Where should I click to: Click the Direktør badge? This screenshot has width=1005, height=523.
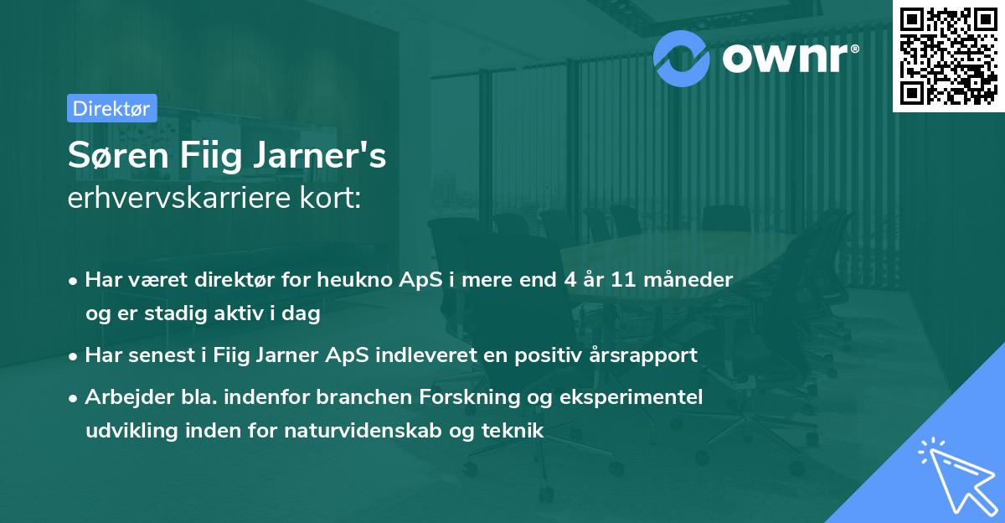(x=111, y=108)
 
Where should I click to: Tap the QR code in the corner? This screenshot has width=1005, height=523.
(x=948, y=56)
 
